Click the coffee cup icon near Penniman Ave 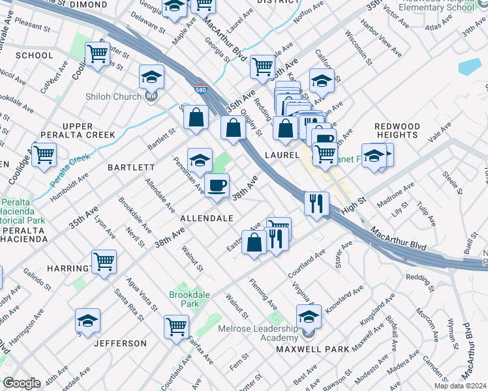[217, 185]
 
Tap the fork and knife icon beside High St [316, 203]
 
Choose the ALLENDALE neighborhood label [207, 217]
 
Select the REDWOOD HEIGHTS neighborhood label [397, 130]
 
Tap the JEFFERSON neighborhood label [120, 343]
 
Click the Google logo [22, 383]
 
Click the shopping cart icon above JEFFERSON [176, 326]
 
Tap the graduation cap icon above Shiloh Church [151, 78]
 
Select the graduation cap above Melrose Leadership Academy [309, 316]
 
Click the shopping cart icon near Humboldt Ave [44, 155]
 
